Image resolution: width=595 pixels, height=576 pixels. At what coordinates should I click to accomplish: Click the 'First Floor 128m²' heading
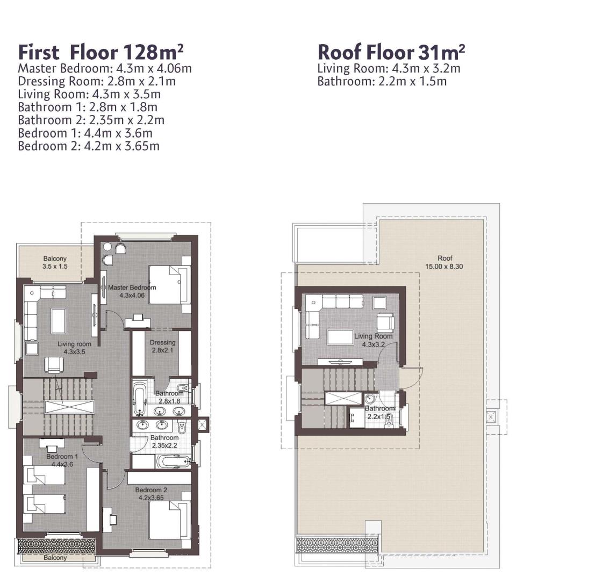click(101, 52)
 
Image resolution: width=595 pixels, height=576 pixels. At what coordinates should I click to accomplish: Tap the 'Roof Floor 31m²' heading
click(391, 52)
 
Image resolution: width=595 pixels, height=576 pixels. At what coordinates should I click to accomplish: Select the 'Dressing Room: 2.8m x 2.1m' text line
click(97, 81)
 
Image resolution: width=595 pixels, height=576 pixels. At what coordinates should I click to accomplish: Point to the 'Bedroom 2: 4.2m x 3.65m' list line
click(89, 146)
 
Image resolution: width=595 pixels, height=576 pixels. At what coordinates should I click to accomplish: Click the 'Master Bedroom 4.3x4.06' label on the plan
click(132, 291)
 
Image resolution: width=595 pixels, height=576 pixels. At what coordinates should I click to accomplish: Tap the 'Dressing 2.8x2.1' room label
click(162, 346)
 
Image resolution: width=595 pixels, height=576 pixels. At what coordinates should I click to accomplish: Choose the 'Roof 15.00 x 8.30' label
click(444, 262)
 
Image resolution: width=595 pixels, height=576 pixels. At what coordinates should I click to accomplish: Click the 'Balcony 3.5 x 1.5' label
click(55, 262)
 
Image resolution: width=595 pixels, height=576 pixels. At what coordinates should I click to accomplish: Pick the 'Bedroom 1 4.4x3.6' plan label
click(62, 460)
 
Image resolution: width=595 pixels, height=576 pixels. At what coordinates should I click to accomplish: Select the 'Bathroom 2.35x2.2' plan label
click(164, 441)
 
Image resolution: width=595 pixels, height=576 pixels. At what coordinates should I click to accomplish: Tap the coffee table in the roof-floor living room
click(341, 337)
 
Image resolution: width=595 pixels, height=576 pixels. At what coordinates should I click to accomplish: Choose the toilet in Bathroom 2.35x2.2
click(181, 427)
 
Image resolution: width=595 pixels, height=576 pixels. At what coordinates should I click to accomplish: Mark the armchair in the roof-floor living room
click(385, 322)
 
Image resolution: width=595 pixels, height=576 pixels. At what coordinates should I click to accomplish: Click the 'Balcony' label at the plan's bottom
click(55, 558)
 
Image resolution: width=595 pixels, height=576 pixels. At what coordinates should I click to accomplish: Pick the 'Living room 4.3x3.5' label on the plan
click(74, 348)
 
